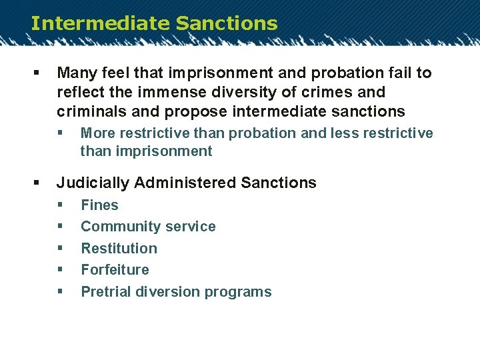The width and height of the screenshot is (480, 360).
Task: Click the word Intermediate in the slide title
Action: coord(100,23)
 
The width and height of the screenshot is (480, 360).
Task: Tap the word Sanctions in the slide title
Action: coord(227,23)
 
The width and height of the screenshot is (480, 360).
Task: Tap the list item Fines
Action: coord(99,205)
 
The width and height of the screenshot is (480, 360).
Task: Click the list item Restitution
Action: coord(119,249)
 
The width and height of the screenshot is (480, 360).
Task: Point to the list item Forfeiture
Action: coord(115,270)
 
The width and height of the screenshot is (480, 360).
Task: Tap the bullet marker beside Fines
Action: coord(61,205)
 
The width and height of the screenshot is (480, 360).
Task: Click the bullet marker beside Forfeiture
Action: coord(61,270)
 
